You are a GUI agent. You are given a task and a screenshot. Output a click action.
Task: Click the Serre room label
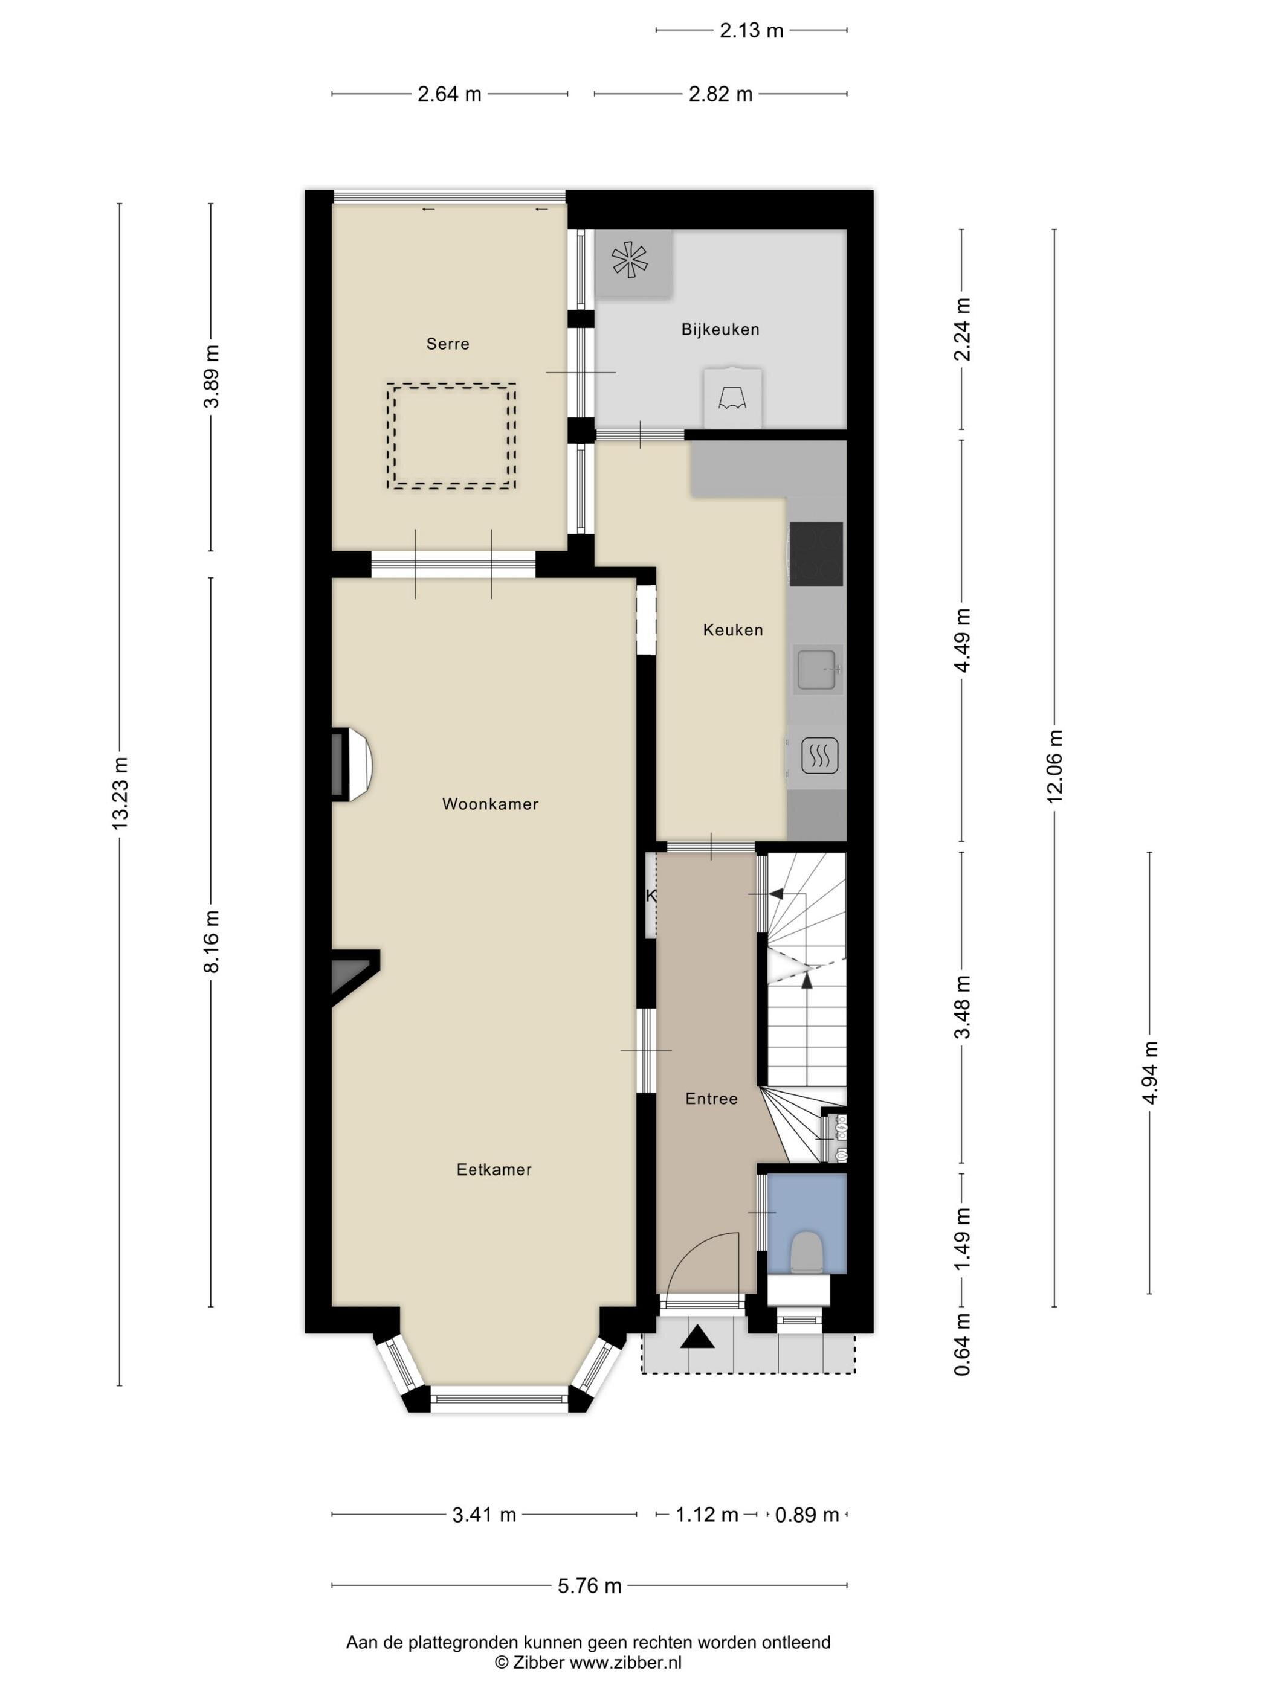pyautogui.click(x=448, y=344)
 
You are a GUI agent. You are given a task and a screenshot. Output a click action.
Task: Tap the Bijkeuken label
pyautogui.click(x=720, y=330)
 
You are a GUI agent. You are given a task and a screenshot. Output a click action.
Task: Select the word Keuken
pyautogui.click(x=733, y=630)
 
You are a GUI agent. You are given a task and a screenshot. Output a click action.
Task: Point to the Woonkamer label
pyautogui.click(x=490, y=803)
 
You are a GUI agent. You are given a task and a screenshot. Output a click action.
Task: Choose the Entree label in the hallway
pyautogui.click(x=711, y=1099)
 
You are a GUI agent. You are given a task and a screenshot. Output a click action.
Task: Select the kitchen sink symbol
pyautogui.click(x=819, y=670)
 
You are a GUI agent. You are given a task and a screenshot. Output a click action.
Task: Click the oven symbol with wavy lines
pyautogui.click(x=819, y=756)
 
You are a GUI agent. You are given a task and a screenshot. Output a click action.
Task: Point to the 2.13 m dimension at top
pyautogui.click(x=751, y=30)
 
